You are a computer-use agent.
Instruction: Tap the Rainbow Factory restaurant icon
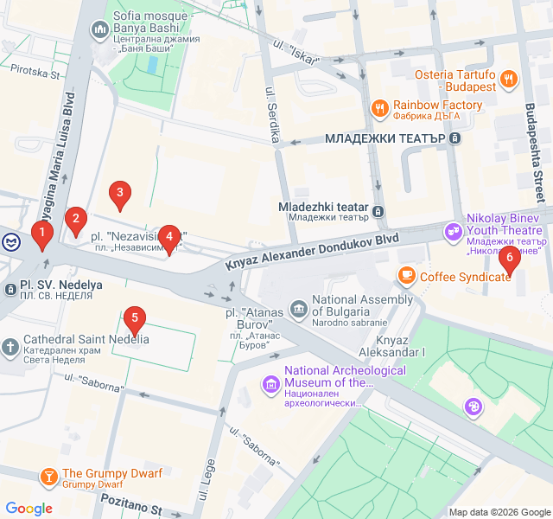point(378,108)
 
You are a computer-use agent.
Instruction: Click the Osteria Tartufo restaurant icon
point(509,79)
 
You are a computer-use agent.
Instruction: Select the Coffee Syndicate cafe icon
point(406,275)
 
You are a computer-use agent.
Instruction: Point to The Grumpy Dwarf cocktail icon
point(48,476)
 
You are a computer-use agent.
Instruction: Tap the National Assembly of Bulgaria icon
point(298,307)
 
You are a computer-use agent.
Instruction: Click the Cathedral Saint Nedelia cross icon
point(10,348)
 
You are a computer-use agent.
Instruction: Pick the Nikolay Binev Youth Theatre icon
point(453,231)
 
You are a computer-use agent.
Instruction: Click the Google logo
point(29,509)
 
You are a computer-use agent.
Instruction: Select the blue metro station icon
point(7,241)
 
